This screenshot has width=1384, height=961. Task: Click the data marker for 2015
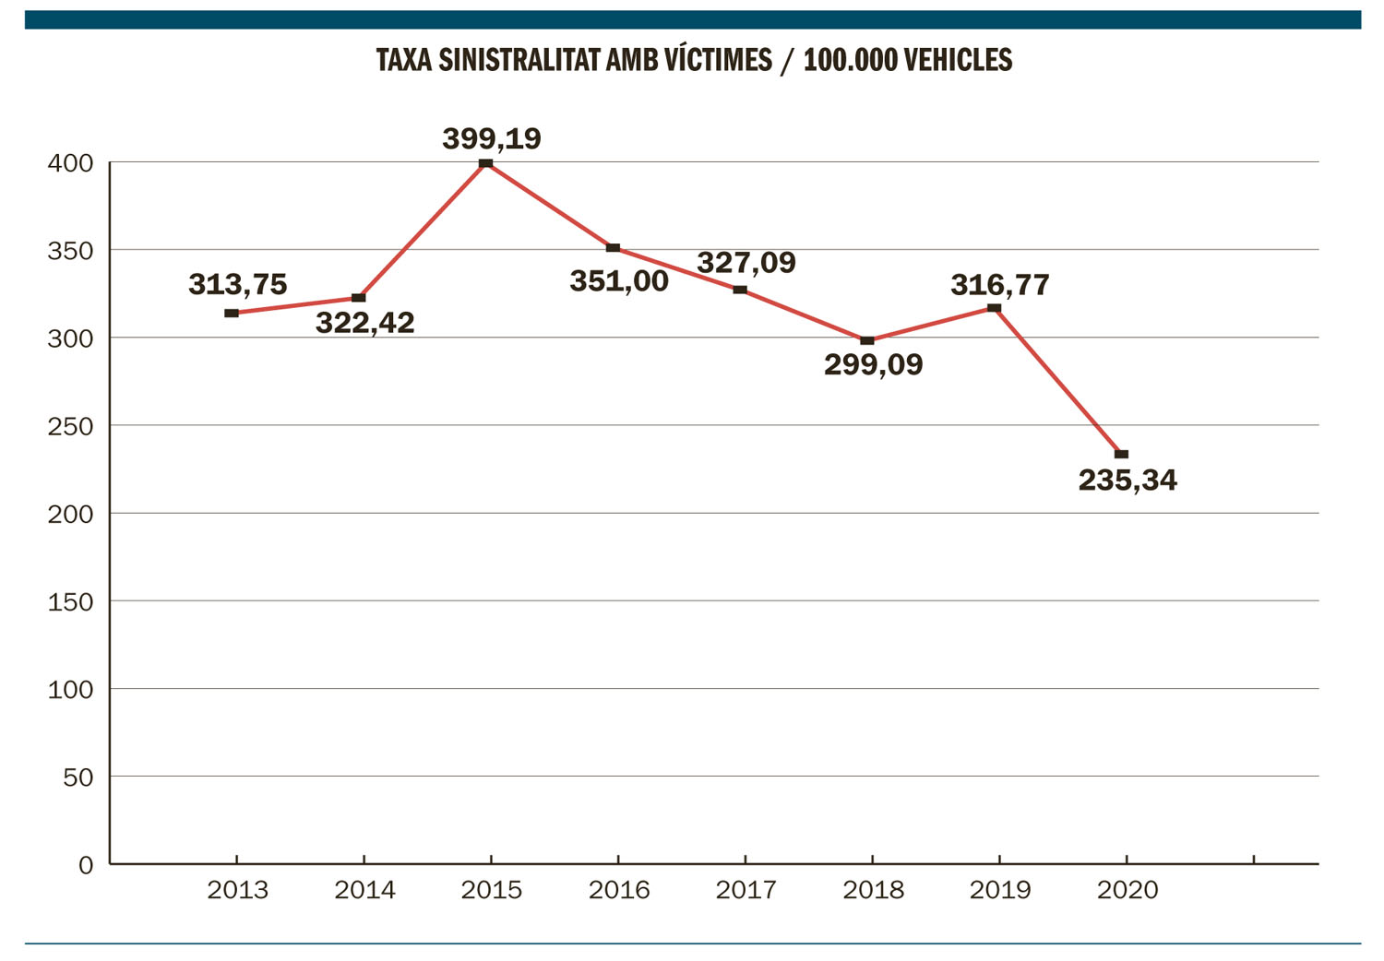[486, 164]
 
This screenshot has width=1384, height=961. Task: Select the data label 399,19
[492, 138]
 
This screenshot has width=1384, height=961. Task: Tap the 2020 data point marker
[1122, 455]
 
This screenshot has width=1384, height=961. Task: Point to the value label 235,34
[1127, 480]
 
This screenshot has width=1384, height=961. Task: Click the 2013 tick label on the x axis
[237, 890]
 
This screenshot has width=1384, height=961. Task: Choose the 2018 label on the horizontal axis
[873, 890]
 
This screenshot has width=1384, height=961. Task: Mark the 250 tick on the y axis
[70, 426]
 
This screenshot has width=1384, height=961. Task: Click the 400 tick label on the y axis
[70, 163]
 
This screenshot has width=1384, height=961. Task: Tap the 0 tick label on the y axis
[86, 865]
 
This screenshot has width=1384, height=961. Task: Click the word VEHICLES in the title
[959, 60]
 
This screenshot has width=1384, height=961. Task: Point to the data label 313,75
[237, 284]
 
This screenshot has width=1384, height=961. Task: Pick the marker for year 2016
[613, 248]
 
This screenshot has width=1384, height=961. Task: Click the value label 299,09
[873, 365]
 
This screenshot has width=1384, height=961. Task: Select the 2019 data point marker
[995, 308]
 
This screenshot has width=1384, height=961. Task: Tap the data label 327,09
[746, 263]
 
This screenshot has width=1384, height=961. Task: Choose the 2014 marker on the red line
[359, 298]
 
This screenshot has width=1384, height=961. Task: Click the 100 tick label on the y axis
[70, 689]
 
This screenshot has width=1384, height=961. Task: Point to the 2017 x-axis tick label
[746, 890]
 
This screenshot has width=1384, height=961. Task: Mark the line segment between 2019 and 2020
[1058, 382]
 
